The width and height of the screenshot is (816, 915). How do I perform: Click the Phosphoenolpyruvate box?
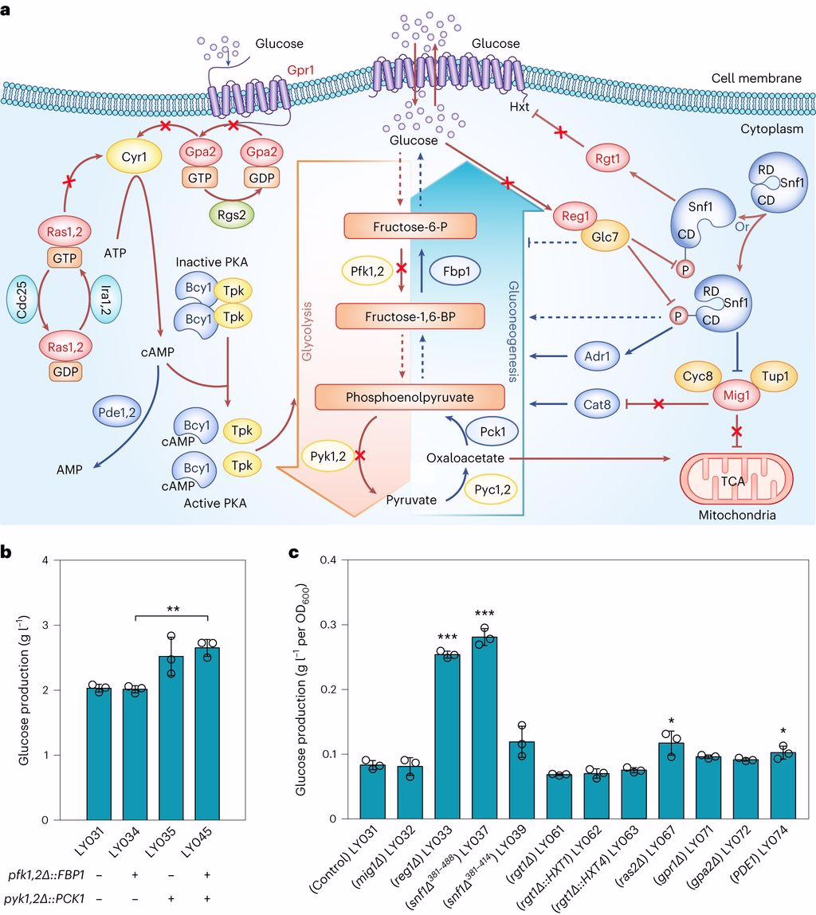(x=410, y=396)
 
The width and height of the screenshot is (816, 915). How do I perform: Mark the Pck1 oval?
(x=495, y=430)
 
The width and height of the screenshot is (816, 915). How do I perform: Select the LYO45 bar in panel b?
(x=209, y=733)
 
